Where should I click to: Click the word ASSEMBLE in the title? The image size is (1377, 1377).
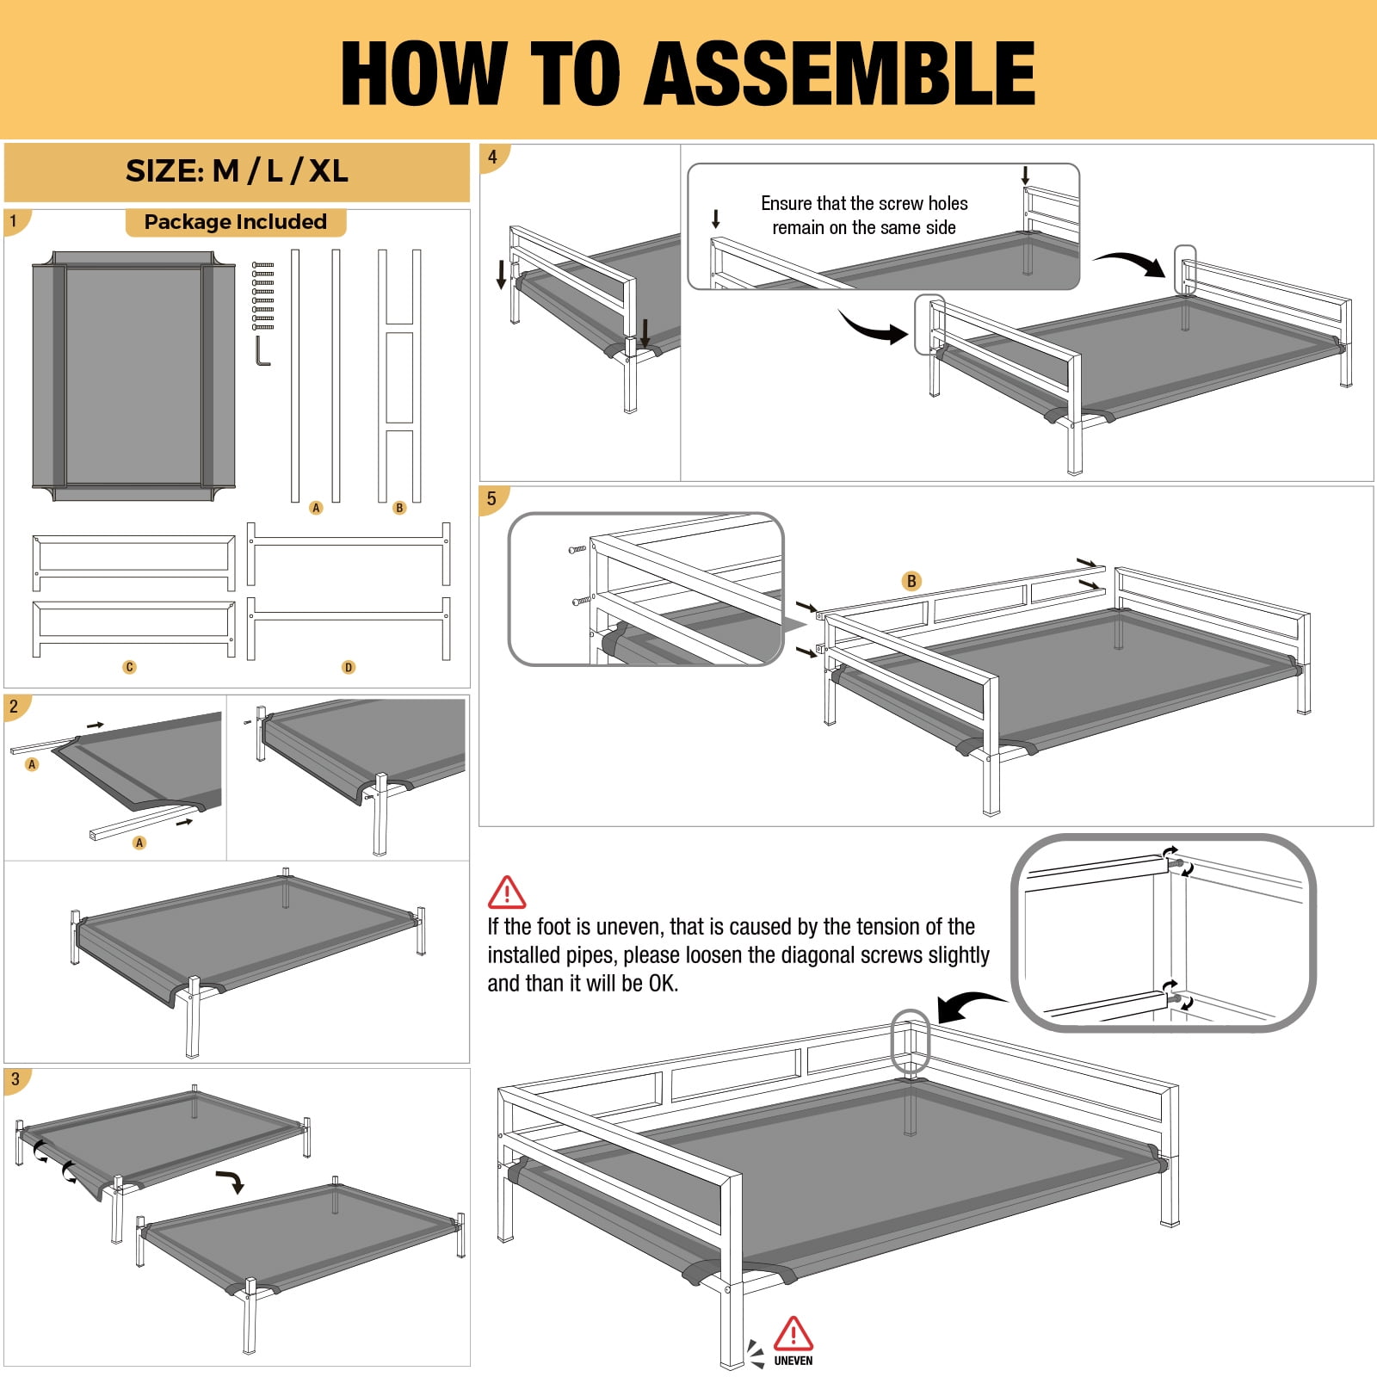point(840,73)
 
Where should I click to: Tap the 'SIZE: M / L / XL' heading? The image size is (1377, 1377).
point(237,171)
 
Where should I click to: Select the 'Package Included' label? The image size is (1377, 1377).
point(236,222)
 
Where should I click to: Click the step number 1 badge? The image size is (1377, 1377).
point(15,221)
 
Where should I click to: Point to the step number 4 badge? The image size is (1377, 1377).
point(493,157)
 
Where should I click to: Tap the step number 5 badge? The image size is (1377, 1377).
point(493,499)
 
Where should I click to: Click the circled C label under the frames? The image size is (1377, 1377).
point(129,667)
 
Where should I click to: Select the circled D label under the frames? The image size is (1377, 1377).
point(349,667)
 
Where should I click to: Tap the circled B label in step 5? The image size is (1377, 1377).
point(911,581)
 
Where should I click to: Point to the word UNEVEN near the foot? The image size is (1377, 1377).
point(793,1361)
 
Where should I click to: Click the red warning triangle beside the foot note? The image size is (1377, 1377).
point(507,892)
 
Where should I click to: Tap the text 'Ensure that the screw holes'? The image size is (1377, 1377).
point(864,203)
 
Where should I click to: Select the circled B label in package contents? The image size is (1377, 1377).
point(399,508)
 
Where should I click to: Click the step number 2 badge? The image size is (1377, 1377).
point(15,707)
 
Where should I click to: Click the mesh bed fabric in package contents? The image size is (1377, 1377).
point(133,376)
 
